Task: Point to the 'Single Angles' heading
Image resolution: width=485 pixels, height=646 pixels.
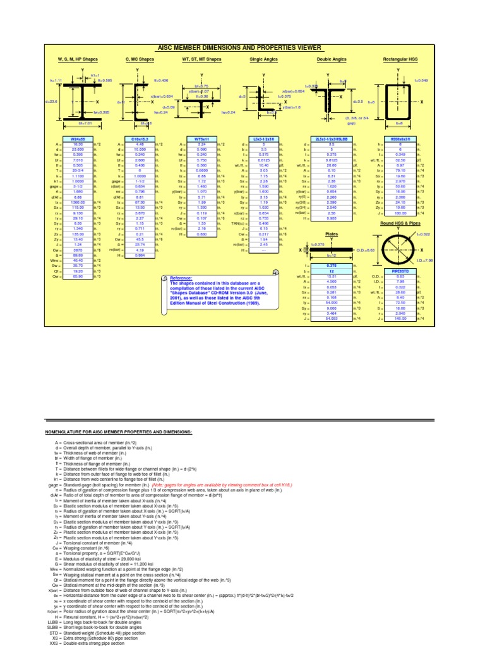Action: [263, 59]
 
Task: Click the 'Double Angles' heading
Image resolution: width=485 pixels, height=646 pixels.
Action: [331, 59]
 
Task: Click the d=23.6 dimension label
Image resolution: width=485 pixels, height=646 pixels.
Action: [52, 101]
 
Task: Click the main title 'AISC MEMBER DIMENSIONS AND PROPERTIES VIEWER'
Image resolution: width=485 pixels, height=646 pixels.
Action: [242, 48]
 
